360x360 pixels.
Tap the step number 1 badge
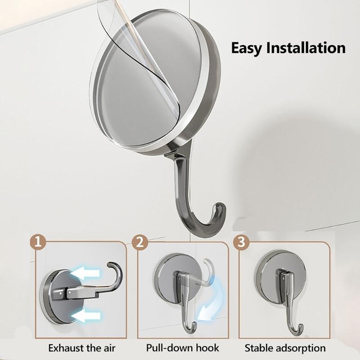(x=40, y=243)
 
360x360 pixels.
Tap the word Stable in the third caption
(x=258, y=348)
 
